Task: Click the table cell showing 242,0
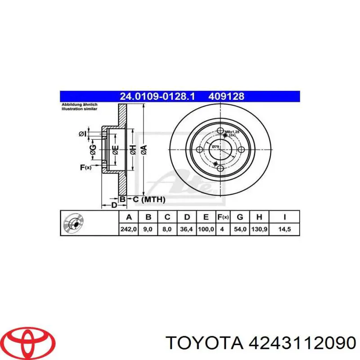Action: (129, 229)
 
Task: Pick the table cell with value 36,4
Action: (186, 229)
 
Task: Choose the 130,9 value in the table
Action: (259, 229)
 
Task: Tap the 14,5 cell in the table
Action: (284, 229)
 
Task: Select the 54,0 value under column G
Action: (240, 229)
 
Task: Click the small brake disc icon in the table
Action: (72, 223)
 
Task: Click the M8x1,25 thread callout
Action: (232, 132)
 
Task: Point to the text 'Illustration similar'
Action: (79, 108)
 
